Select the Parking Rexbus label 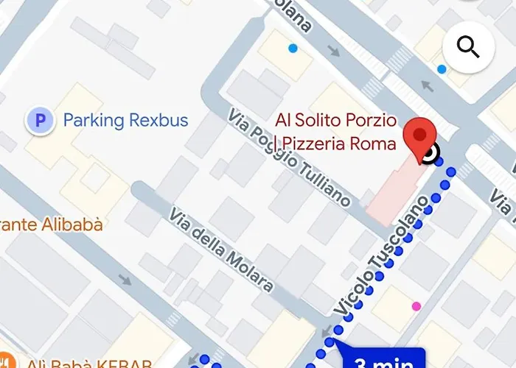[125, 120]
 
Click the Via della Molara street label [221, 250]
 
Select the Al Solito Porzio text [336, 120]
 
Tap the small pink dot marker [416, 305]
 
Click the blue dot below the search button [442, 69]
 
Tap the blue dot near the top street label [293, 49]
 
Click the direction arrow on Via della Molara [125, 280]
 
